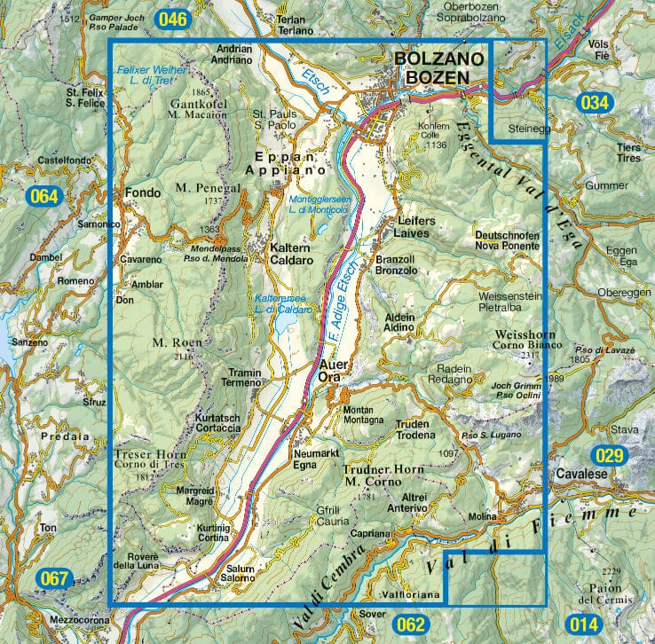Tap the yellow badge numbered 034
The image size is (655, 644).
coord(596,102)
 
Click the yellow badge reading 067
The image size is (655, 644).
coord(55,580)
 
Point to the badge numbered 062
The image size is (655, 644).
coord(412,624)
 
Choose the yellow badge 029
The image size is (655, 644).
coord(612,455)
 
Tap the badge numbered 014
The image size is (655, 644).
coord(583,624)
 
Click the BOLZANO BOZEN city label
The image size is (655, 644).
coord(440,68)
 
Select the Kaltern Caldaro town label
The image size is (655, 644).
coord(290,255)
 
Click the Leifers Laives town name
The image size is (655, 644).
coord(409,228)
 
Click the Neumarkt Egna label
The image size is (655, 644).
coord(311,458)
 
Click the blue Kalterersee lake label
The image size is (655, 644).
coord(283,303)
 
